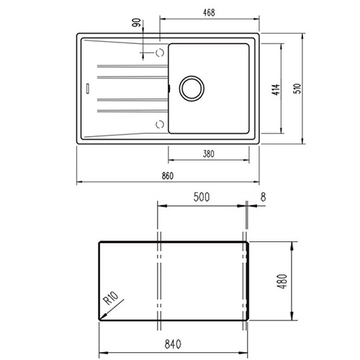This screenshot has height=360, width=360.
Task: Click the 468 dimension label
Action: [209, 13]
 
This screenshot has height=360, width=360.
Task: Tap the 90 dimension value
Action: [137, 22]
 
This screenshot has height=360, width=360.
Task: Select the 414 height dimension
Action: [276, 90]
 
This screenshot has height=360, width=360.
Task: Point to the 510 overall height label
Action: [297, 89]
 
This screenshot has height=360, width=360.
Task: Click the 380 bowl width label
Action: [208, 154]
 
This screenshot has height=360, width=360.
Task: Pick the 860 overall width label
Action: [167, 176]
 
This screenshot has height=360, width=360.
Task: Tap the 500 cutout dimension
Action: [202, 197]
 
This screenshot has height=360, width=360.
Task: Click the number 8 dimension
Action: [264, 197]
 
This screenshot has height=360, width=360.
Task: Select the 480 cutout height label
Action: [283, 282]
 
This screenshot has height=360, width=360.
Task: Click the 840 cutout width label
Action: [173, 344]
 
